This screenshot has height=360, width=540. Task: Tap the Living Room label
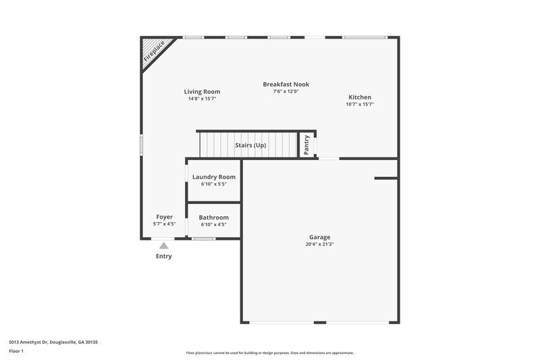coord(202,92)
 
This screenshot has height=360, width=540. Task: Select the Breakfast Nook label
coord(286,84)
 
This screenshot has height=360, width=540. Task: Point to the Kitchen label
coord(360,97)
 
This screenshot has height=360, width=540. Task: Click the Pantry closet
coord(306,145)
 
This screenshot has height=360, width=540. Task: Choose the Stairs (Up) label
coord(250,145)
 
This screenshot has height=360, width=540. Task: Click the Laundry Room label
coord(213,177)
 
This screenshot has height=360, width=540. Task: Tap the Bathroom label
coord(213,217)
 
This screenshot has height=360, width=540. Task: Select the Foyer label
coord(165,217)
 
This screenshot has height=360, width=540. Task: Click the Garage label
coord(319,237)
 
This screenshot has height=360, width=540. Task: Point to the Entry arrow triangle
coord(163,246)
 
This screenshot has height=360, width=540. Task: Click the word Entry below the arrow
coord(164,257)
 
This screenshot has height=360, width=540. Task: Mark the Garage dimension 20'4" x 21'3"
coord(319,245)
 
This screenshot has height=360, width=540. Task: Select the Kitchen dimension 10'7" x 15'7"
coord(360,105)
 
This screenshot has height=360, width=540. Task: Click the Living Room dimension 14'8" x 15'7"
coord(202,99)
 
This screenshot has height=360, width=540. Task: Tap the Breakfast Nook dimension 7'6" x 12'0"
coord(286,92)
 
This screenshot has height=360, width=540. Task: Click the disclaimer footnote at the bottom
coord(269,353)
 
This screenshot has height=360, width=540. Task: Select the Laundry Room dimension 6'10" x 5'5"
coord(213,184)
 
